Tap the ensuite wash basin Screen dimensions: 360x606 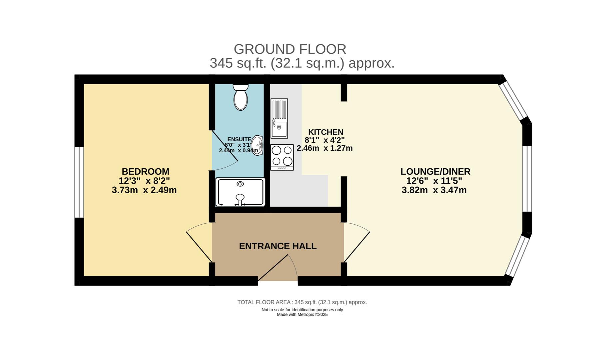click(x=257, y=145)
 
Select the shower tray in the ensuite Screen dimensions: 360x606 click(x=240, y=192)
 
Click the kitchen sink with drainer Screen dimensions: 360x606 click(x=279, y=118)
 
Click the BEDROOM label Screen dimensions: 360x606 click(x=145, y=172)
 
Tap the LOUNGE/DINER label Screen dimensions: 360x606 click(x=435, y=172)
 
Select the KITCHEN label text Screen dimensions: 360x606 click(x=325, y=132)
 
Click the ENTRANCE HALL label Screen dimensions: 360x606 click(x=278, y=246)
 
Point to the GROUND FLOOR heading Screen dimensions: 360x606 click(x=290, y=49)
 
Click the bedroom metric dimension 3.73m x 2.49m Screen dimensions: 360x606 click(x=144, y=190)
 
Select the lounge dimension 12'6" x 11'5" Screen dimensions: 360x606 click(x=434, y=181)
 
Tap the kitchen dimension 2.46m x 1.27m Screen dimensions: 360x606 click(x=324, y=148)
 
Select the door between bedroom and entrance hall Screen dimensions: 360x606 click(x=199, y=242)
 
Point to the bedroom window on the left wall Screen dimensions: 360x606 click(x=79, y=182)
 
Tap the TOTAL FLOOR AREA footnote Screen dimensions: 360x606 click(x=302, y=302)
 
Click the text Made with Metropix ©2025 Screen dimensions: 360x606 click(x=302, y=314)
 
